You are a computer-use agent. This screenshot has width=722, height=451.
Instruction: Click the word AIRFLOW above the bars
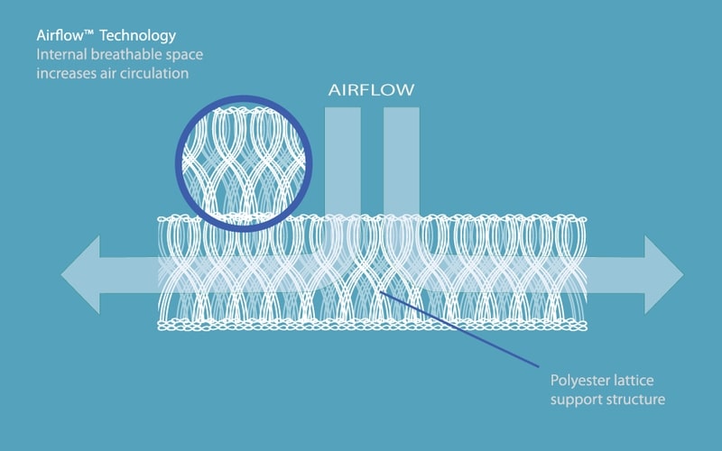click(371, 91)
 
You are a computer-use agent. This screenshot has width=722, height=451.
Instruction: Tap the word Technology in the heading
click(140, 36)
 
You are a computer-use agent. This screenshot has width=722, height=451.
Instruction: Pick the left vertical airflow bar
click(344, 158)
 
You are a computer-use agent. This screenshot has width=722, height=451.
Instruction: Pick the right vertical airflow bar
click(402, 158)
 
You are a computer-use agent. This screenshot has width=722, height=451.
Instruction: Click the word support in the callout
click(575, 398)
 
